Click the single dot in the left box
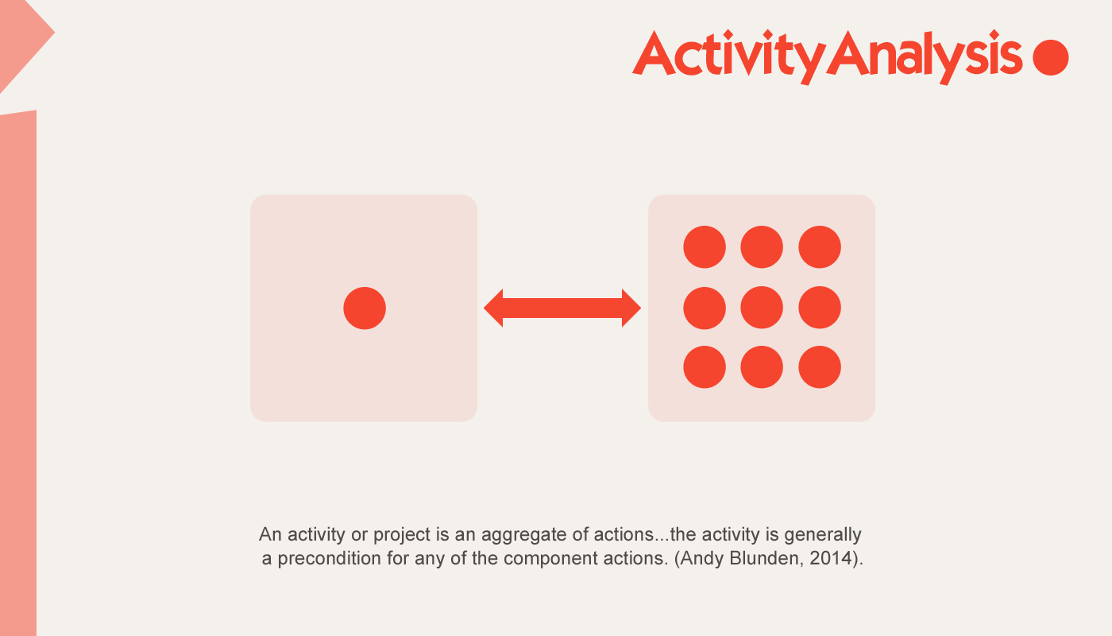(x=365, y=308)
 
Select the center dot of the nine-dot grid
(x=762, y=308)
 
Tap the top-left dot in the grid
(x=705, y=247)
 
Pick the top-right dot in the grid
(x=820, y=247)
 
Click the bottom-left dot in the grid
(x=705, y=367)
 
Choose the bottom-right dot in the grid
(x=820, y=367)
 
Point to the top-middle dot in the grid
(x=762, y=247)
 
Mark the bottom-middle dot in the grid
(x=762, y=367)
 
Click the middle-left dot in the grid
(x=705, y=308)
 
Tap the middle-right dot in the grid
(x=820, y=308)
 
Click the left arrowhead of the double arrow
(x=494, y=308)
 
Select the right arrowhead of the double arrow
(x=631, y=308)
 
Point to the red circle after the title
(x=1050, y=57)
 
